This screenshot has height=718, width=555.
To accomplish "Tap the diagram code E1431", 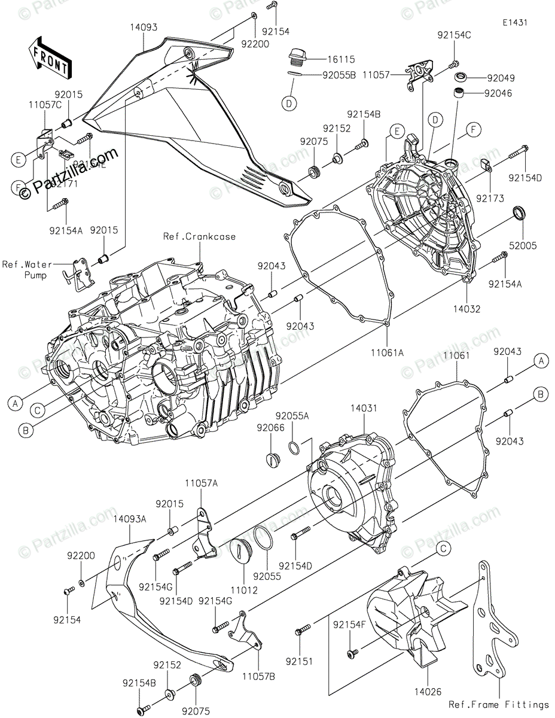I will click(x=515, y=23).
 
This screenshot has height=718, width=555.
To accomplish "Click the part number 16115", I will click(x=341, y=59).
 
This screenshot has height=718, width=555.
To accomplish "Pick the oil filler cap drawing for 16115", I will click(x=296, y=57).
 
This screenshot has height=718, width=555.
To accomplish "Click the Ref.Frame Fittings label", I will click(x=499, y=705).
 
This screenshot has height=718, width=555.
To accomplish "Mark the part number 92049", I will click(x=501, y=78).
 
